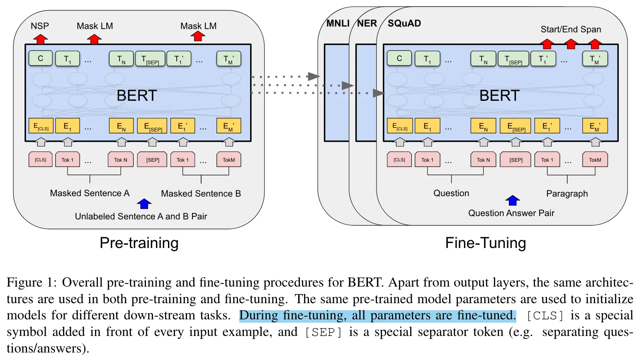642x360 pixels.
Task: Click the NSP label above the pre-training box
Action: coord(40,26)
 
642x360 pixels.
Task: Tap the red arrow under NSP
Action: coord(40,39)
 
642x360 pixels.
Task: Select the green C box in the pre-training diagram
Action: coord(41,58)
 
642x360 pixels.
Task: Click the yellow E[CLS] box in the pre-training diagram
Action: coord(41,126)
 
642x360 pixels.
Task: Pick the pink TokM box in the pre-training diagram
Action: coord(229,160)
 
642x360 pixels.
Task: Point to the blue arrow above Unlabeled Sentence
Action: coord(144,204)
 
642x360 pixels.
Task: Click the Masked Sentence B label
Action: coord(201,194)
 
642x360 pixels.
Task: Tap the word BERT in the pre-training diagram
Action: coord(136,96)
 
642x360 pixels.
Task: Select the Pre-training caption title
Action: coord(139,243)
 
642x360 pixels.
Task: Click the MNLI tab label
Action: coord(338,24)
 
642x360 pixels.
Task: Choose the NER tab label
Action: coord(367,24)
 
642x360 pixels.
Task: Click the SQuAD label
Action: coord(404,24)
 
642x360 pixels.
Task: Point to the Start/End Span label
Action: coord(571,29)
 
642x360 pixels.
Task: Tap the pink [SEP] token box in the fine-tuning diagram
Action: coord(516,160)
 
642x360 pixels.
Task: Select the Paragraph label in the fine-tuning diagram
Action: coord(567,194)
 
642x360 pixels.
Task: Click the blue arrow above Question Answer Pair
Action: coord(513,200)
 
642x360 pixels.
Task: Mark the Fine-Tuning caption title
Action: coord(485,243)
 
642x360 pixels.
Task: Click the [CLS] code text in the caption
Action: coord(545,316)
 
